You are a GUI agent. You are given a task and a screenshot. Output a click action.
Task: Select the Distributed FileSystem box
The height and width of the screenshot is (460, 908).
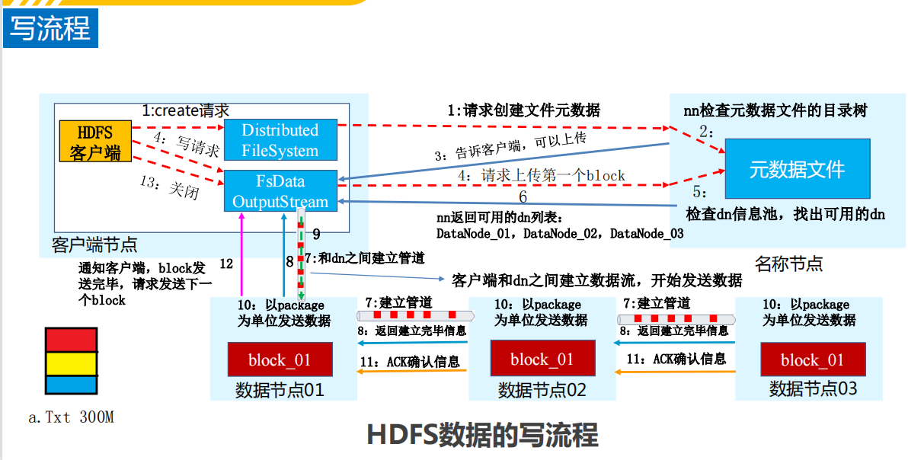pos(280,140)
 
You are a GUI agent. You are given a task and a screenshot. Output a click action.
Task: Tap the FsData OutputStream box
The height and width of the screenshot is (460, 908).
pos(280,191)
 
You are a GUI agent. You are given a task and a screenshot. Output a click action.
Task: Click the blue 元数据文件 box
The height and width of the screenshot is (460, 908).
pos(797,169)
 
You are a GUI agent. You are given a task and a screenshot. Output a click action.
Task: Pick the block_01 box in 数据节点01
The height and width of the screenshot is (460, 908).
pos(280,359)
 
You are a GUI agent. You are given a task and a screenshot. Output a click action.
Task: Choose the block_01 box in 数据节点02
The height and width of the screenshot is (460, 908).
pos(542,359)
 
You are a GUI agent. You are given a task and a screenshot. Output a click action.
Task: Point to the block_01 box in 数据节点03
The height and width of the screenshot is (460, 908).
pos(813,359)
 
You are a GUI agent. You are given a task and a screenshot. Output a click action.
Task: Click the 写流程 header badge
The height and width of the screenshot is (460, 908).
pos(50,29)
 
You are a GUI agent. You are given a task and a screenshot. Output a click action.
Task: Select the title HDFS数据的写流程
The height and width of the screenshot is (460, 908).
pos(482,435)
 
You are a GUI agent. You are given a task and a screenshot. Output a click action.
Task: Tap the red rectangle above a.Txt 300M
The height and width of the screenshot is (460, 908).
pos(71,339)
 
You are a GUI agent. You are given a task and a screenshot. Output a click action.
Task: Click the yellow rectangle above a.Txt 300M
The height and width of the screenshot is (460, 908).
pos(71,363)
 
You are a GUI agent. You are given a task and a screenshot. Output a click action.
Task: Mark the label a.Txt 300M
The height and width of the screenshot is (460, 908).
pos(71,417)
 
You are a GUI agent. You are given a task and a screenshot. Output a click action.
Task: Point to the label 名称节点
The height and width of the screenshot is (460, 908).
pos(788,264)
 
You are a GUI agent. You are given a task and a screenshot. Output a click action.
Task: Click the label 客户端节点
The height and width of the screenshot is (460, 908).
pos(94,244)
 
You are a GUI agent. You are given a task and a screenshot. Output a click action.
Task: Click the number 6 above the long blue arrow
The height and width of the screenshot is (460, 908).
pos(523,196)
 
